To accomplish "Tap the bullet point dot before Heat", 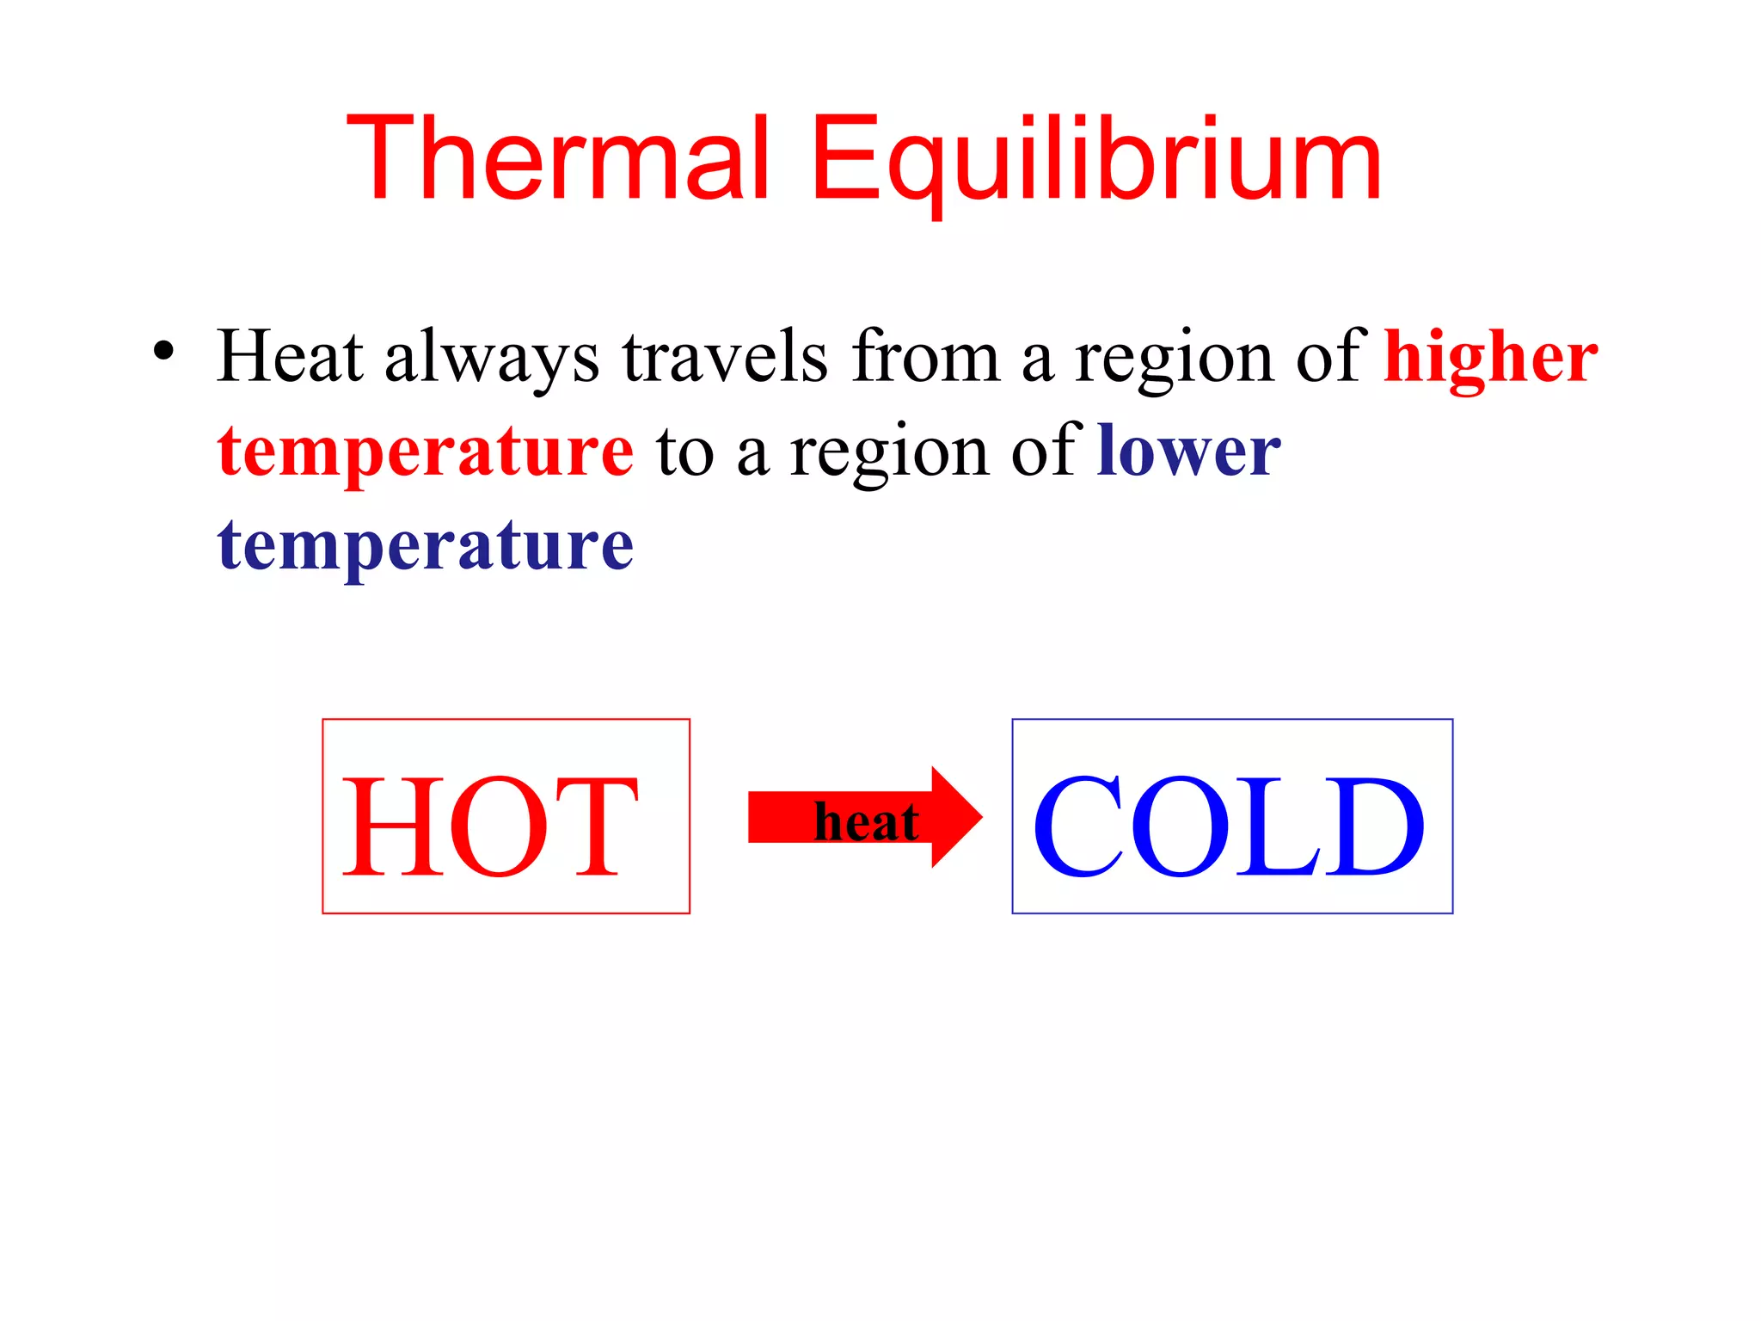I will pyautogui.click(x=163, y=352).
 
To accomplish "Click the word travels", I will pyautogui.click(x=725, y=356).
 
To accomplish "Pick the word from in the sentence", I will pyautogui.click(x=926, y=356).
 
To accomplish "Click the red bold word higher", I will pyautogui.click(x=1490, y=358).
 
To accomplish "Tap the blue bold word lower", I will pyautogui.click(x=1188, y=451).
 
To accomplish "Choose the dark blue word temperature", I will pyautogui.click(x=426, y=547).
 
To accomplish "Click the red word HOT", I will pyautogui.click(x=491, y=826).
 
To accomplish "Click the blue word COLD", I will pyautogui.click(x=1229, y=826).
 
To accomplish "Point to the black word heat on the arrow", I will pyautogui.click(x=866, y=822).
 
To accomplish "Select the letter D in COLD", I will pyautogui.click(x=1373, y=826).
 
